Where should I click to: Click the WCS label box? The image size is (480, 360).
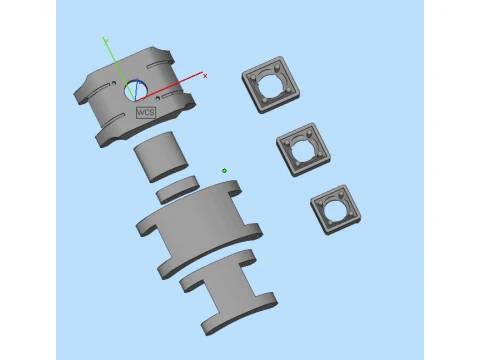[x=147, y=112]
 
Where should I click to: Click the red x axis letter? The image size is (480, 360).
[x=205, y=75]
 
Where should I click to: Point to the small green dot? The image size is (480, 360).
[x=224, y=171]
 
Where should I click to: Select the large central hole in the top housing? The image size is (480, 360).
[x=138, y=91]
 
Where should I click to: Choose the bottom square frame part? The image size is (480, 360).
[x=335, y=208]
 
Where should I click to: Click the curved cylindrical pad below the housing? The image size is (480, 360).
[x=161, y=159]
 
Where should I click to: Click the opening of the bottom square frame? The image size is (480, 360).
[x=336, y=209]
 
